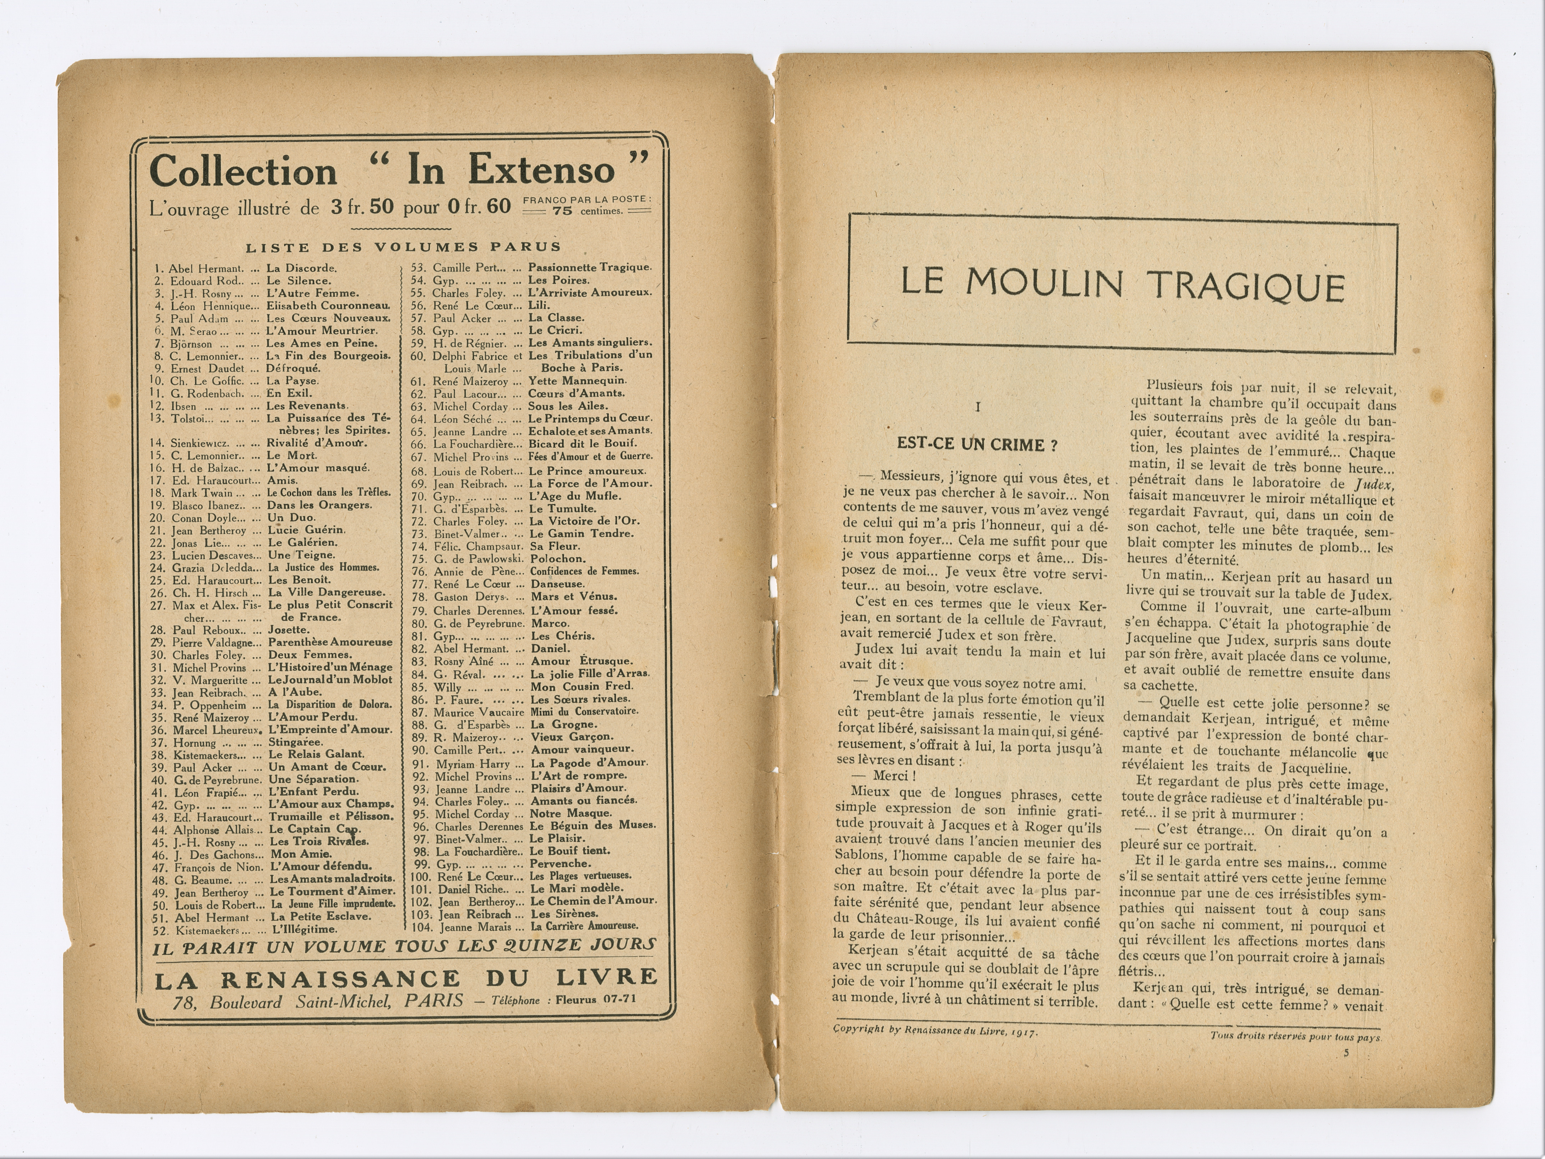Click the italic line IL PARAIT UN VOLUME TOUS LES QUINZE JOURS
coord(404,947)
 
